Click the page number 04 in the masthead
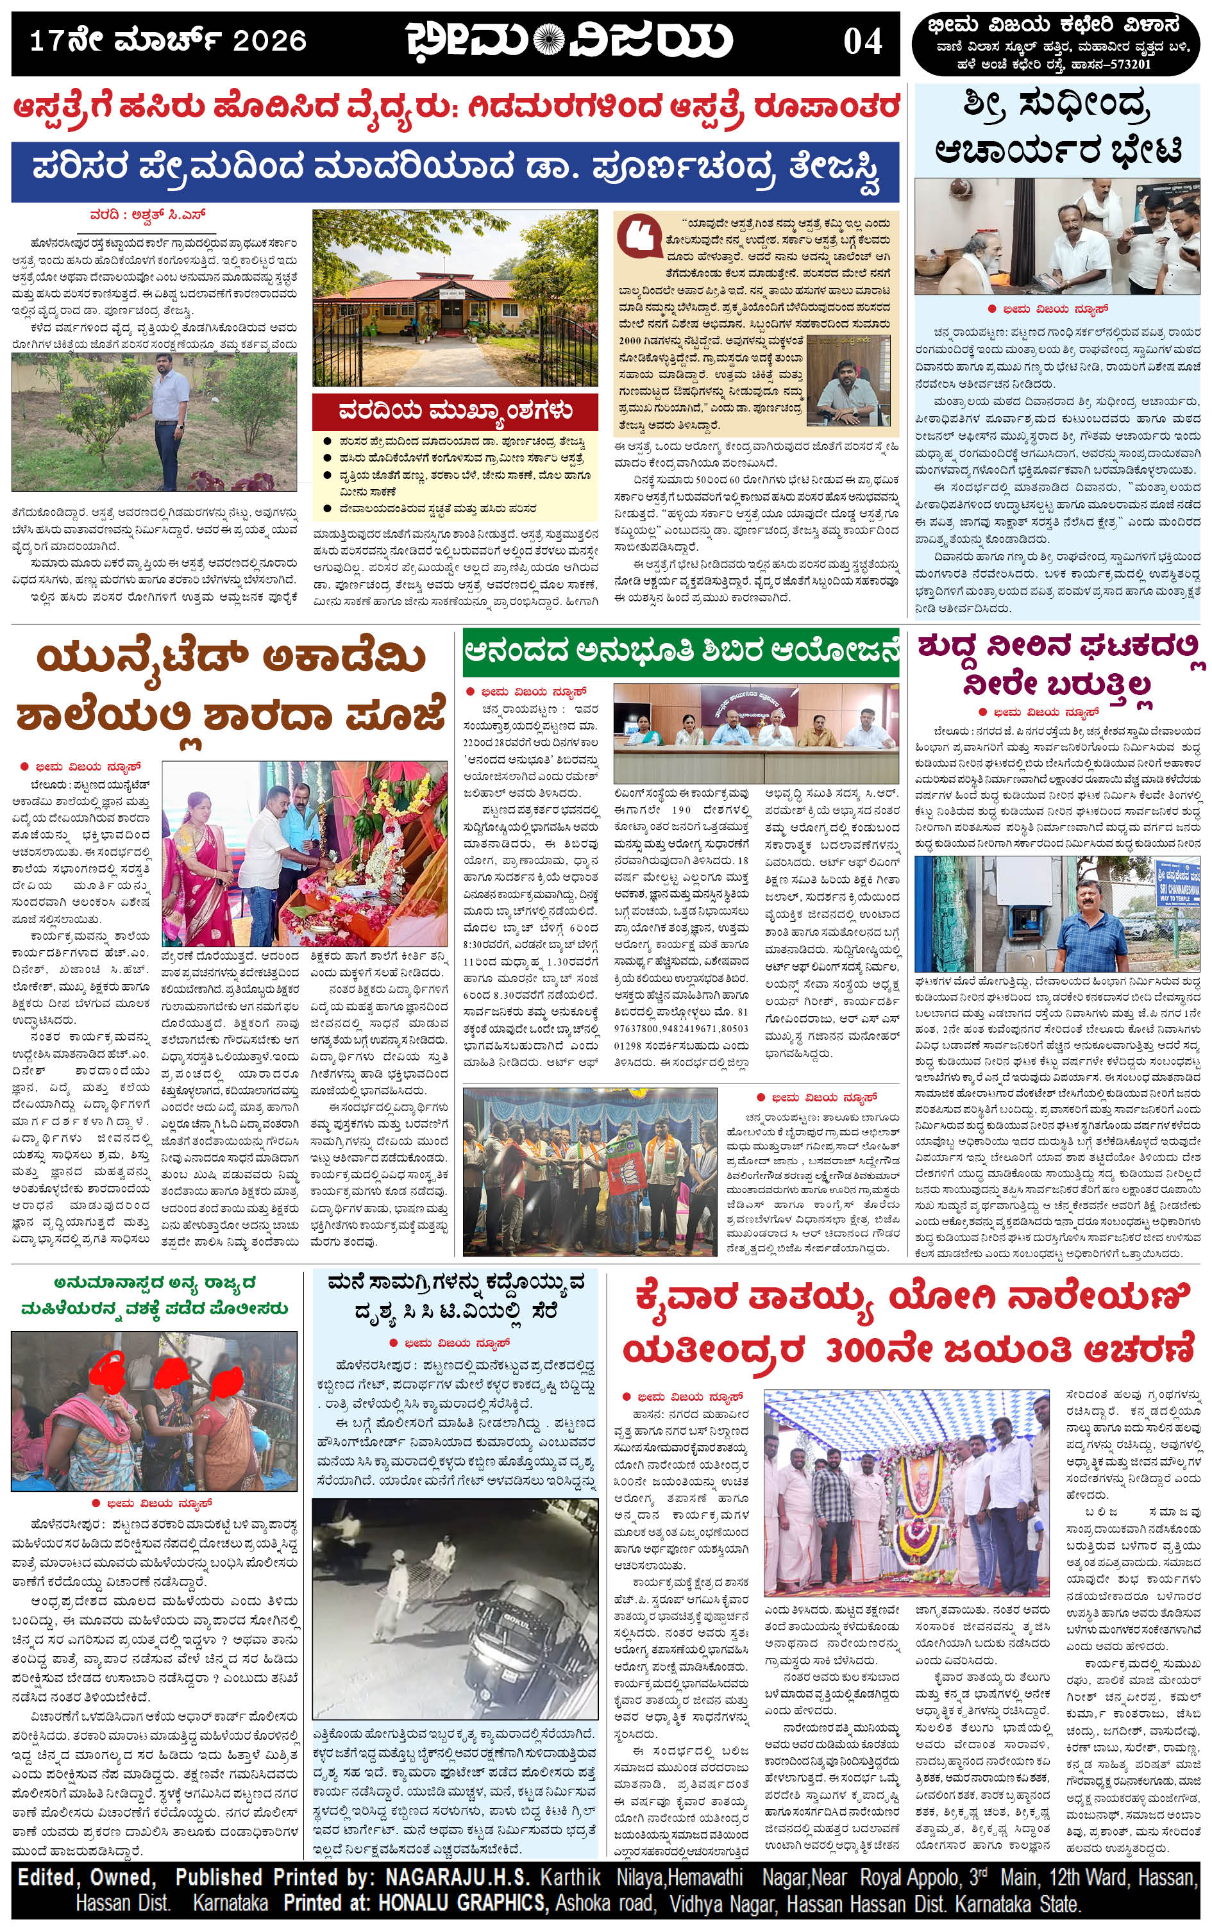863,41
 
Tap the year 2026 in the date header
269,41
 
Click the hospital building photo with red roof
455,298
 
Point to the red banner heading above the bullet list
455,412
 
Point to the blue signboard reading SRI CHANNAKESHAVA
1177,881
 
